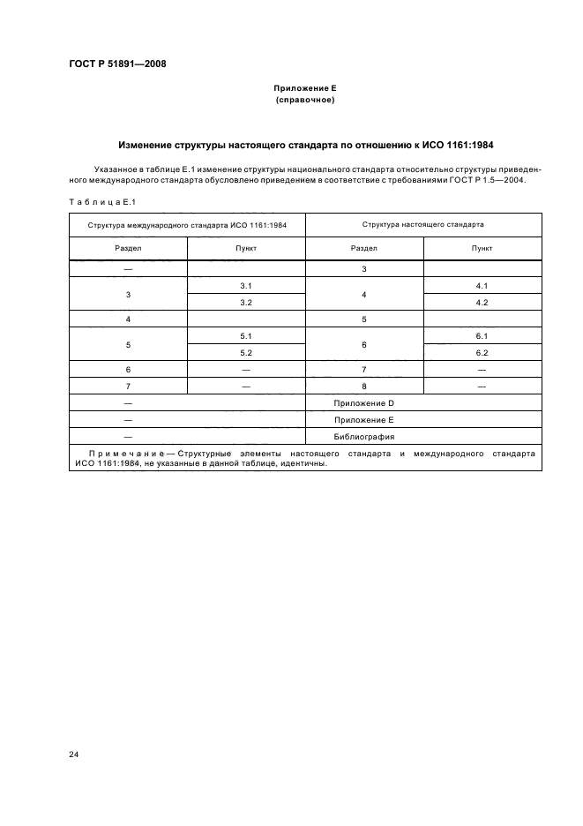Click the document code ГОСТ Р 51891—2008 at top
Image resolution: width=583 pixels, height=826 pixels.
(117, 64)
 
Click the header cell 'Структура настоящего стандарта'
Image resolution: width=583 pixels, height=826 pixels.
(422, 225)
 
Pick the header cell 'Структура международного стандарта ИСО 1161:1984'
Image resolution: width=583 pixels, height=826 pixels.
(187, 225)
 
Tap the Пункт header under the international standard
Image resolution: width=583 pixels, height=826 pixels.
(246, 249)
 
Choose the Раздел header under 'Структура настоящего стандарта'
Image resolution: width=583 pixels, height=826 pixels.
(363, 249)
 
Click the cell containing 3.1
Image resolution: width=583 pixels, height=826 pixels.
(246, 286)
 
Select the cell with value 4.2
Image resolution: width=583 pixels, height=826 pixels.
(482, 302)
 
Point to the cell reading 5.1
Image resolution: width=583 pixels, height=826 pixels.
(246, 336)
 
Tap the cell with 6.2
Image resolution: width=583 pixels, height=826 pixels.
(482, 352)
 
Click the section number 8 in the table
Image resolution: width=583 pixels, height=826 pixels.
(363, 386)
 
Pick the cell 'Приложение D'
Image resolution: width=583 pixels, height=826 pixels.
(363, 402)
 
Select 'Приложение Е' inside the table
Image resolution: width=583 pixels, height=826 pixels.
(363, 419)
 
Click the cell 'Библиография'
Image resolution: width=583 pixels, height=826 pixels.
(363, 436)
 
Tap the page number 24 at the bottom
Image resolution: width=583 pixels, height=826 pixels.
(74, 754)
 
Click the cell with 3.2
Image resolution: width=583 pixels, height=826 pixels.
(246, 302)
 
